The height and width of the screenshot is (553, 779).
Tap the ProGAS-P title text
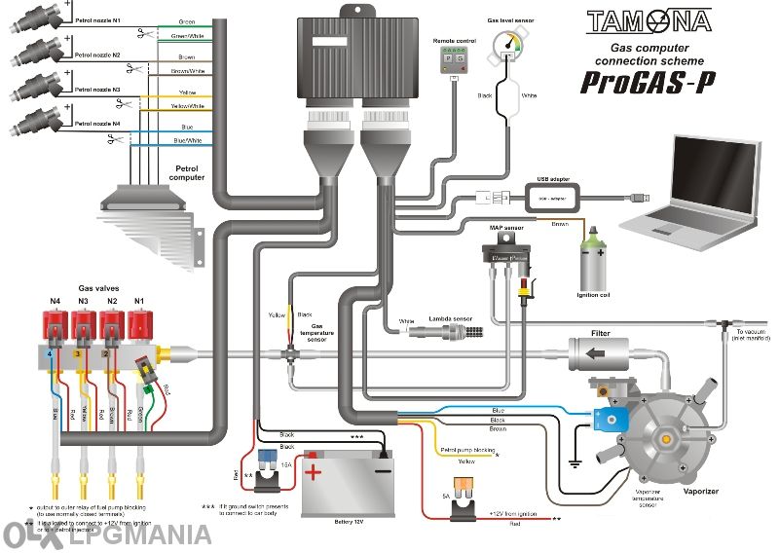(x=647, y=82)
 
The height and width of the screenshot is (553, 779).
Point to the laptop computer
(x=691, y=190)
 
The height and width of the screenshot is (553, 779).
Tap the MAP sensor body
(x=507, y=254)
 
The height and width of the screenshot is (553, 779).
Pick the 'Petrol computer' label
(x=187, y=172)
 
